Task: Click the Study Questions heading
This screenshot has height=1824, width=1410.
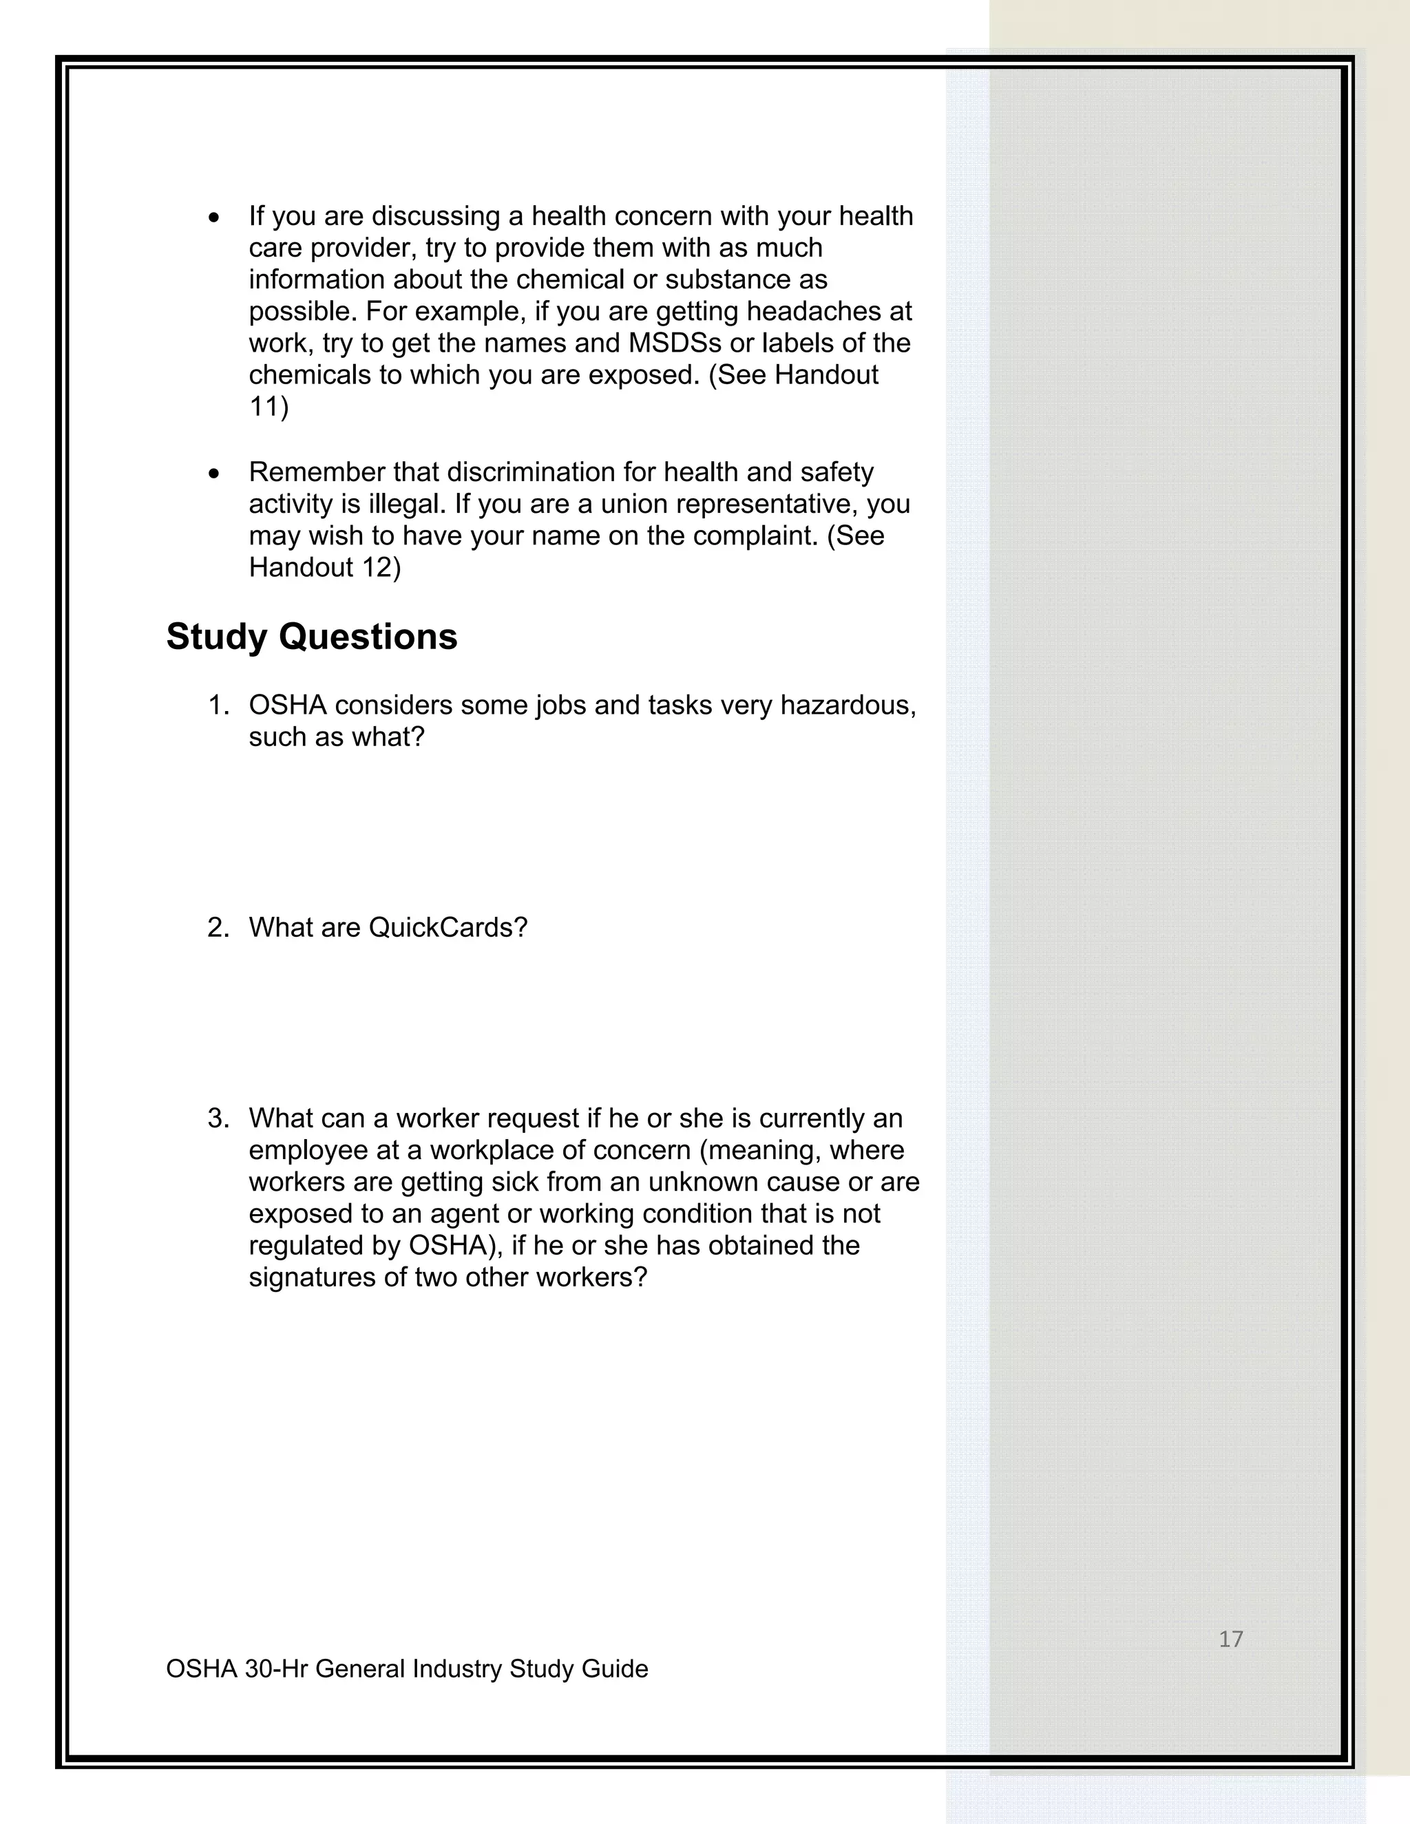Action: pos(312,637)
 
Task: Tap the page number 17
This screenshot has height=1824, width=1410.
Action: pos(1230,1639)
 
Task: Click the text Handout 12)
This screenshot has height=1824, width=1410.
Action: pos(325,567)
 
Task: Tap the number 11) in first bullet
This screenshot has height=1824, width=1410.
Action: pos(268,407)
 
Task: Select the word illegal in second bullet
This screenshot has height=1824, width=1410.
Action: pos(405,504)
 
